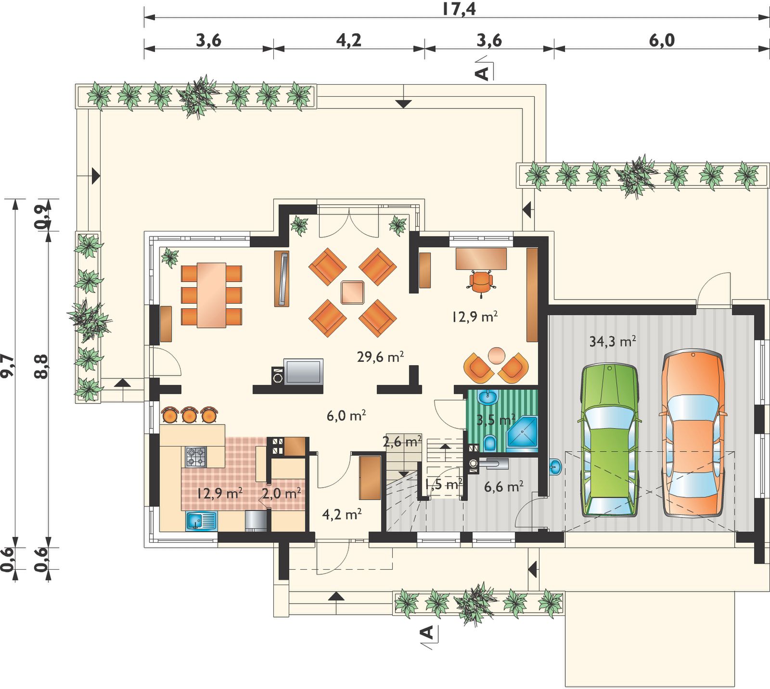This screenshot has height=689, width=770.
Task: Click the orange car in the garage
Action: (x=693, y=434)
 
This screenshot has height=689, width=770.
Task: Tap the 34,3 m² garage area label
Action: (x=613, y=341)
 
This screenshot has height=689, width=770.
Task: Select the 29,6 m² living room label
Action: (x=380, y=357)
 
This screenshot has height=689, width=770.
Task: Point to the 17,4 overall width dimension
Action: (x=459, y=9)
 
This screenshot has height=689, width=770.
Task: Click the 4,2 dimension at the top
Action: (x=348, y=40)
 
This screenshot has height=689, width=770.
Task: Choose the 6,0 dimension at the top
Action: (x=662, y=40)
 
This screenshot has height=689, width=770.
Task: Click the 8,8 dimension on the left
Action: (x=41, y=366)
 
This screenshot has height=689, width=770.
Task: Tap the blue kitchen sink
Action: (x=201, y=521)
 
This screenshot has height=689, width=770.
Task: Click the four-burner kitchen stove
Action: (x=196, y=457)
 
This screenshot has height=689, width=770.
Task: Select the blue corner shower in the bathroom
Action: (x=522, y=434)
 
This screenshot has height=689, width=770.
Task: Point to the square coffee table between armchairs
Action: (x=353, y=292)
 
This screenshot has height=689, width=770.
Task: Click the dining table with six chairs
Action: (x=211, y=295)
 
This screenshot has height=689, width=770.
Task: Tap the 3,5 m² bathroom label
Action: (x=496, y=420)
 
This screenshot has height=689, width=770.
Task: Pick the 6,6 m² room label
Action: (x=504, y=486)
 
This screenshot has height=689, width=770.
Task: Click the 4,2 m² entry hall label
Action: (x=342, y=514)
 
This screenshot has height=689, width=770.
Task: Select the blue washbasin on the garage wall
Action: (x=555, y=466)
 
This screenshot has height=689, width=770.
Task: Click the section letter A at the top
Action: (x=482, y=73)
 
